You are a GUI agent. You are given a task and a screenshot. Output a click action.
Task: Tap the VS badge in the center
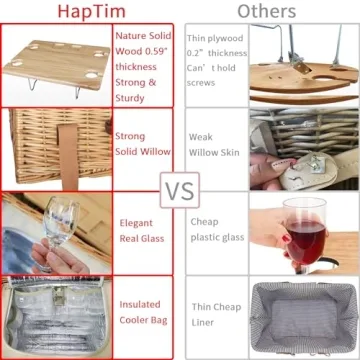[x=179, y=188]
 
